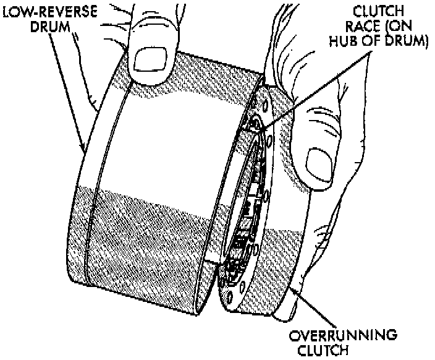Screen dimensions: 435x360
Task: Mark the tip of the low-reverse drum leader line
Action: pos(84,150)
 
